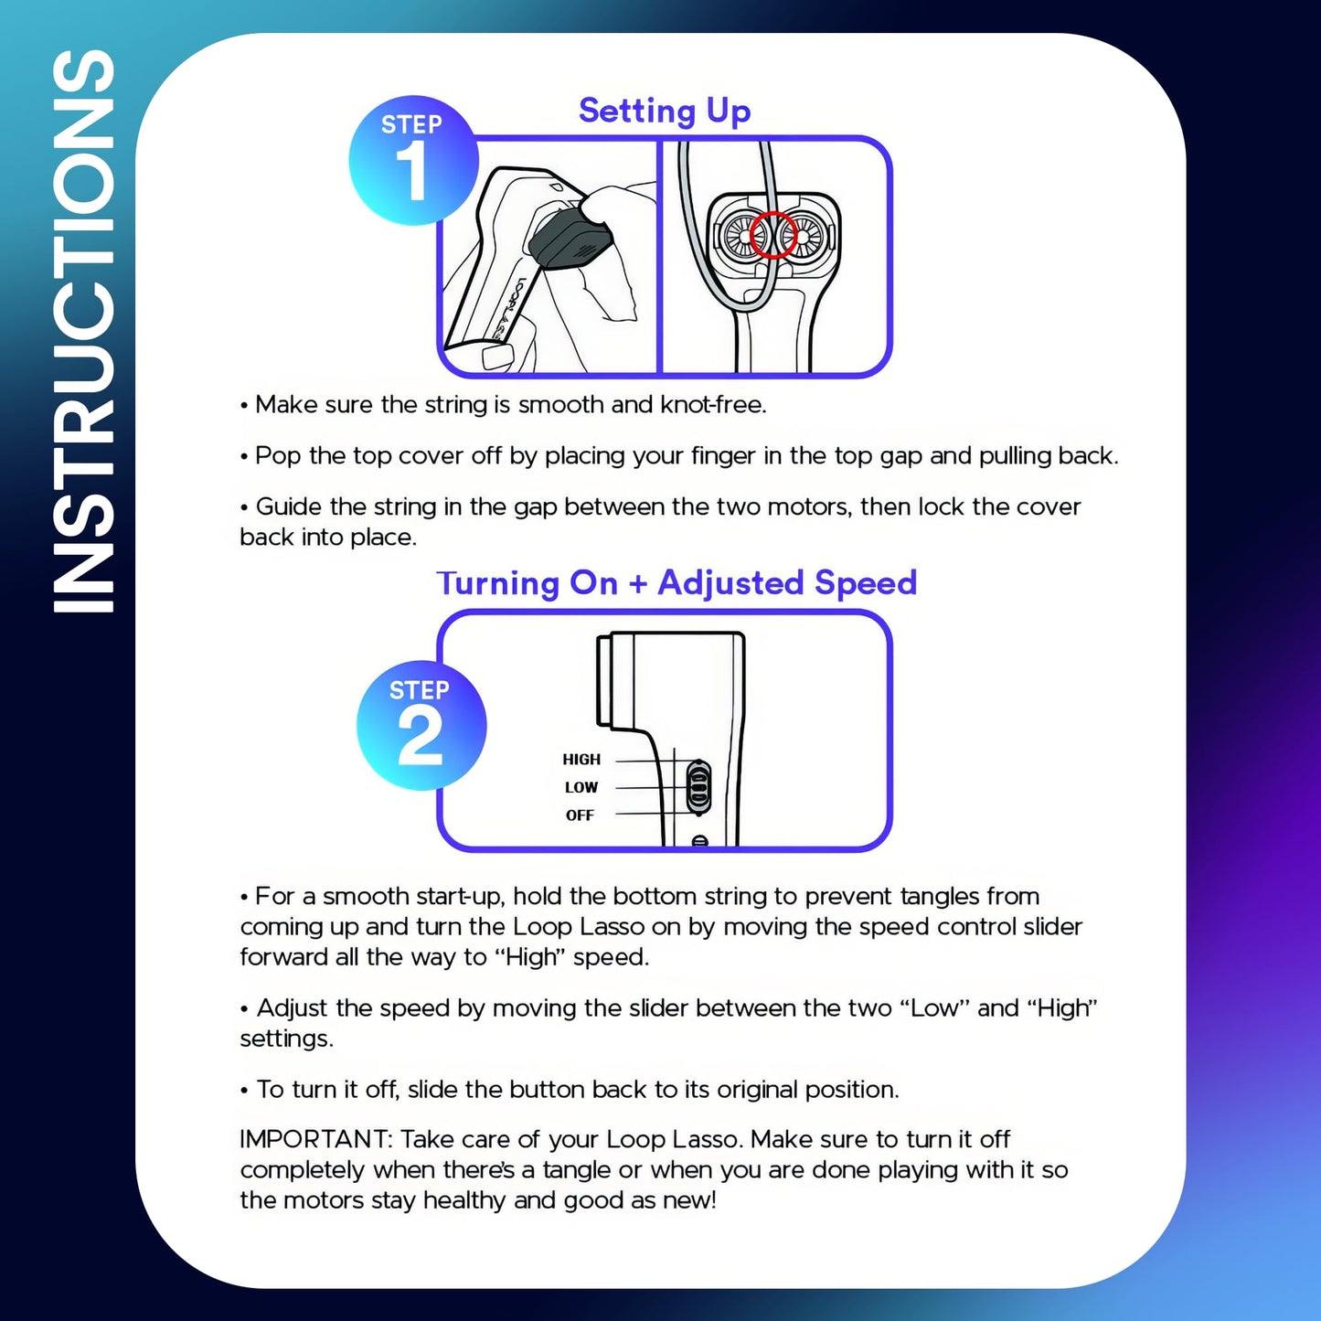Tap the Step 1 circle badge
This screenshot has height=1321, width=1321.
point(413,160)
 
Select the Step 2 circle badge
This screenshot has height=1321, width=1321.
point(421,725)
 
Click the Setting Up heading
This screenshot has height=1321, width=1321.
point(665,111)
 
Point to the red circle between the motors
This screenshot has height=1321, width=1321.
point(773,235)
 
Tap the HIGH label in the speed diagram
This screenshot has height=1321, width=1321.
point(581,760)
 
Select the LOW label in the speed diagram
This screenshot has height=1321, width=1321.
point(581,788)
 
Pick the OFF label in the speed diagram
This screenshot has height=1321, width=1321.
point(580,815)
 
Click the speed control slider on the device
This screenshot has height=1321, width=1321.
point(698,787)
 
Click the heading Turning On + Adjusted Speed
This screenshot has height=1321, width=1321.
point(676,583)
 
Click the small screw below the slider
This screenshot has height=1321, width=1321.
point(700,841)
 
